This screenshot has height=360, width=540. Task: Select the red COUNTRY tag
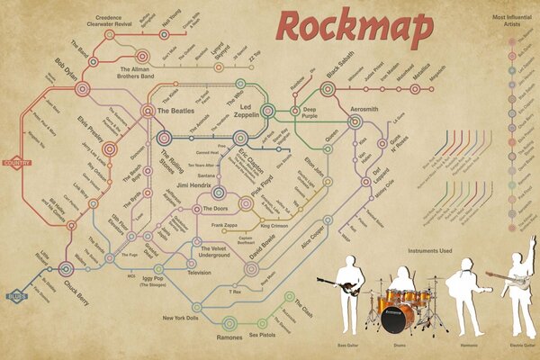pyautogui.click(x=17, y=163)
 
